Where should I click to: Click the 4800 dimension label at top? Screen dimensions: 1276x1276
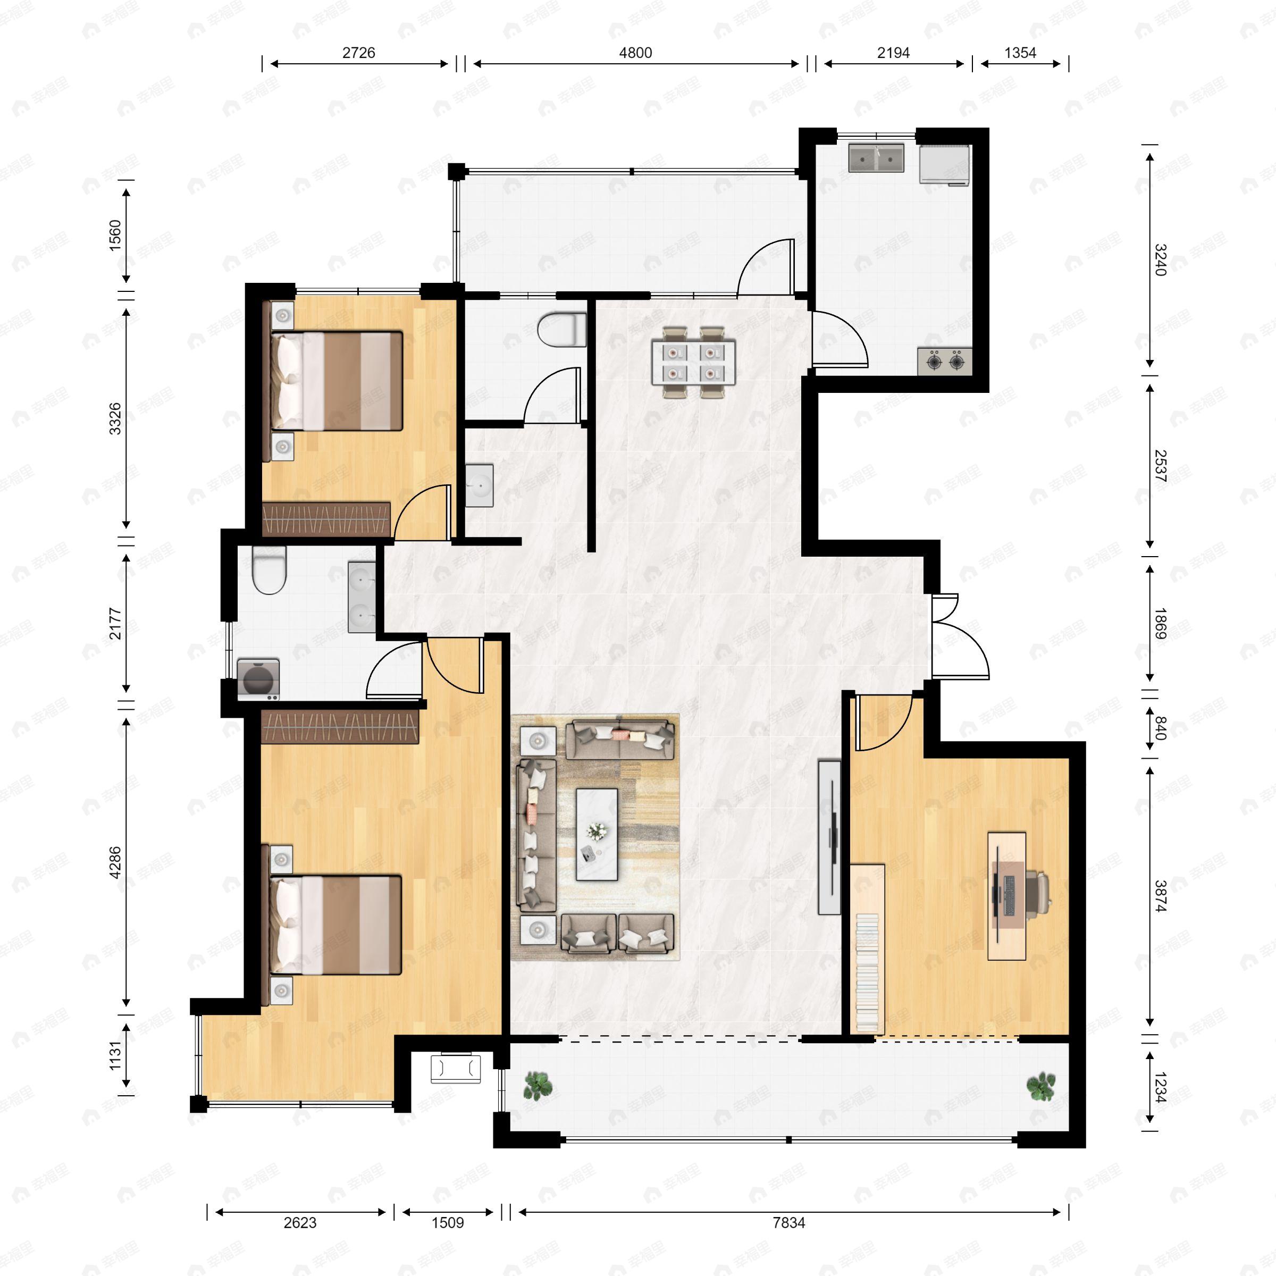click(x=635, y=53)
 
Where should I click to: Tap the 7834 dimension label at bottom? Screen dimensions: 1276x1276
click(x=788, y=1222)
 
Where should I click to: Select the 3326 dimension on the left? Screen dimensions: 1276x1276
click(x=115, y=419)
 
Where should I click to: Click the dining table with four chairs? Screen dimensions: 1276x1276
click(x=693, y=362)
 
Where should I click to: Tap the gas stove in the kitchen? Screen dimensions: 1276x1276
click(x=944, y=362)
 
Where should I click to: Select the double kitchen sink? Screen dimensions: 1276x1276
click(x=876, y=158)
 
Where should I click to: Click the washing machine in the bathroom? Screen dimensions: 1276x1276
click(x=257, y=679)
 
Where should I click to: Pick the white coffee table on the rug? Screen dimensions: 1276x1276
click(x=597, y=834)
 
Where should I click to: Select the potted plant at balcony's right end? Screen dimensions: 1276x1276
click(x=1041, y=1086)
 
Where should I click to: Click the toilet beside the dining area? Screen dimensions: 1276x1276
click(x=561, y=330)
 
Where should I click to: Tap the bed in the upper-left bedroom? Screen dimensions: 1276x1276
click(x=337, y=381)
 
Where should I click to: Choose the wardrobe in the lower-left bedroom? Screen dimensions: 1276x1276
click(x=340, y=726)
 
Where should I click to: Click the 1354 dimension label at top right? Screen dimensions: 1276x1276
click(x=1020, y=53)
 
